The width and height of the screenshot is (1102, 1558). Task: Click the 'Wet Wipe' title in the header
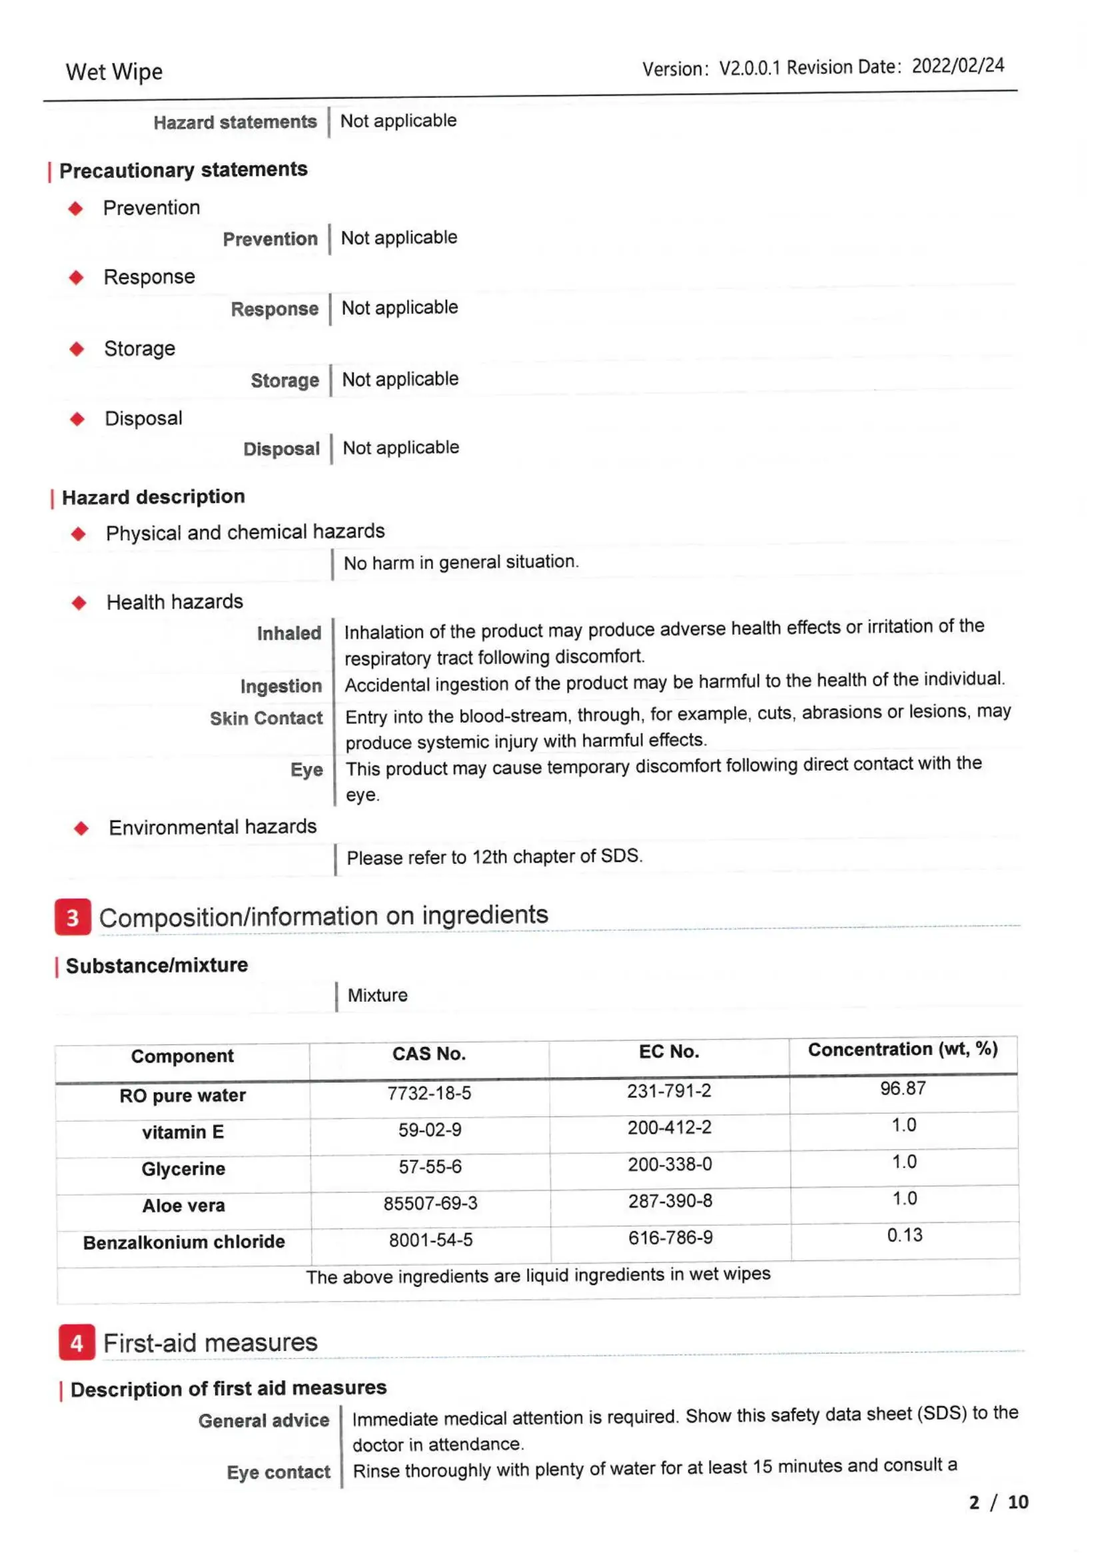114,72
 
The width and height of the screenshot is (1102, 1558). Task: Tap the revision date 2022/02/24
957,66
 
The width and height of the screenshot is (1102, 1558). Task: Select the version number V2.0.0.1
749,68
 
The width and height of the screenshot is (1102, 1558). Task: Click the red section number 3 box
73,917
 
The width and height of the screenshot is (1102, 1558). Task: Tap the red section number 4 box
77,1342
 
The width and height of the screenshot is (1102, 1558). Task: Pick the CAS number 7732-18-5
429,1093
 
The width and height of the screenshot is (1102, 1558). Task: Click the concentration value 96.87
903,1088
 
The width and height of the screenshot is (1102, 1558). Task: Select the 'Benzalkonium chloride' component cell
184,1242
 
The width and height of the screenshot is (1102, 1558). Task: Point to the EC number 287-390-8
670,1201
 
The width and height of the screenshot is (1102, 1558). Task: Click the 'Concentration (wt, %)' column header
903,1050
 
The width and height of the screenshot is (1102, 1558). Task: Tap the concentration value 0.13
905,1235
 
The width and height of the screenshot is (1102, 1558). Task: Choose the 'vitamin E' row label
183,1132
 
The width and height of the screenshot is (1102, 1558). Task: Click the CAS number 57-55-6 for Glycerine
430,1166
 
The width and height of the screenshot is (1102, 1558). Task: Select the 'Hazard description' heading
153,498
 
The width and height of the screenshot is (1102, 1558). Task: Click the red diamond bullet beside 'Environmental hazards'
81,828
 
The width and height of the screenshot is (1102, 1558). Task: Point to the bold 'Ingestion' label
281,686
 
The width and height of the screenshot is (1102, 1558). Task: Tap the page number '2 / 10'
998,1502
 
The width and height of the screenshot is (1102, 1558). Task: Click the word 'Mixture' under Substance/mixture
377,995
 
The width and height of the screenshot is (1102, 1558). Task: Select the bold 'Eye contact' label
278,1473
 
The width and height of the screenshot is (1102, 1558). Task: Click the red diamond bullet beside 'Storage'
77,350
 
